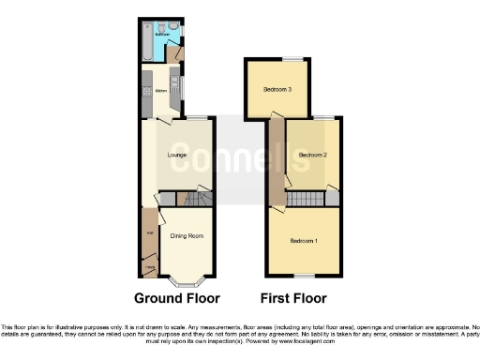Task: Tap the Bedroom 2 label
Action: [x=312, y=155]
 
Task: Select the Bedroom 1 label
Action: [x=305, y=242]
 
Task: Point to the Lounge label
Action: [x=176, y=155]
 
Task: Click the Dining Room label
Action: [x=187, y=236]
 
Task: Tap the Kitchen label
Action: [x=160, y=91]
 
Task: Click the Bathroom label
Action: [x=161, y=35]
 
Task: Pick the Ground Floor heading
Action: [x=176, y=299]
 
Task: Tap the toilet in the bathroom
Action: [x=163, y=26]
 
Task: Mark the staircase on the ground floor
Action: [x=191, y=199]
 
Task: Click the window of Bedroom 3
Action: [x=277, y=61]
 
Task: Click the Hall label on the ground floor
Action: [x=148, y=234]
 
